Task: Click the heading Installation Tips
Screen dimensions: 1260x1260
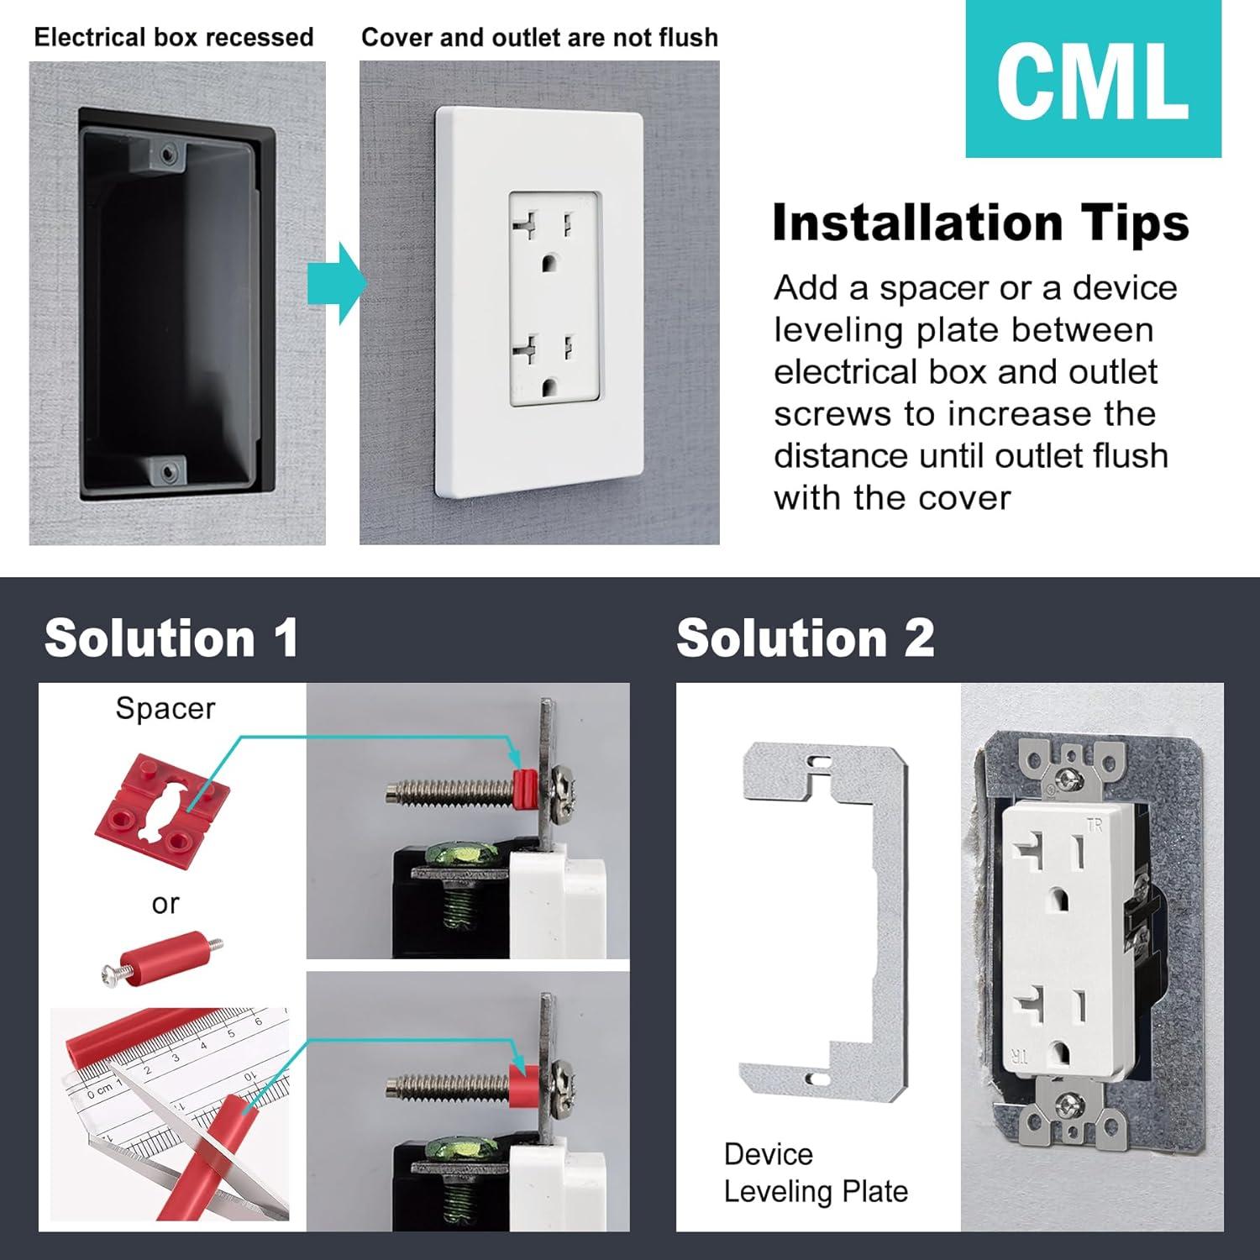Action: coord(980,223)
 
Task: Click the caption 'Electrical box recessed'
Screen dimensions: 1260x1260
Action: coord(174,38)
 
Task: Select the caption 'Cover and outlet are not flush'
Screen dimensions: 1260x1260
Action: coord(539,38)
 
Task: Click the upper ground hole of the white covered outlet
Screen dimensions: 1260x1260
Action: coord(550,262)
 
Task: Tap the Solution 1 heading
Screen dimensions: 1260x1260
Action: coord(171,638)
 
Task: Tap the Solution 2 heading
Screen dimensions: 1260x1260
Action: coord(805,638)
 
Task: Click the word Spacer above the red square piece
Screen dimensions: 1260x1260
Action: coord(165,708)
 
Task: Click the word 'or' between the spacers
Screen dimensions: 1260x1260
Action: coord(165,904)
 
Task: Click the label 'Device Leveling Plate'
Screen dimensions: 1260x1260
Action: coord(815,1173)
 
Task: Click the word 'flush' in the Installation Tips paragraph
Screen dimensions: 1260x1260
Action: coord(1126,456)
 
